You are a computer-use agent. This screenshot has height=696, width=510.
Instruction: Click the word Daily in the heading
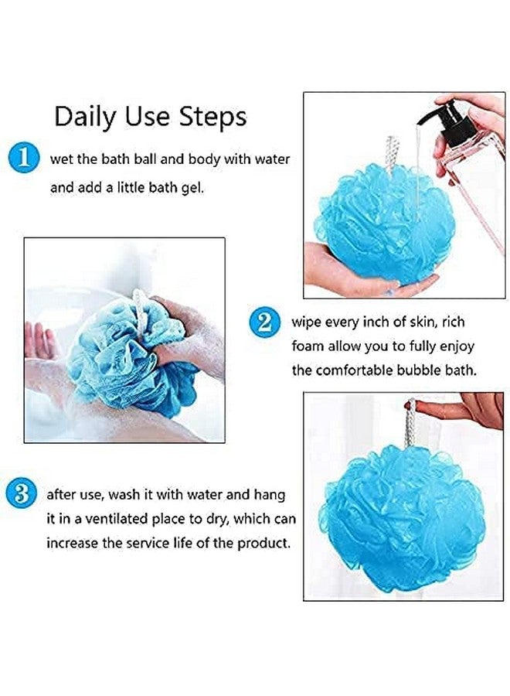coord(83,116)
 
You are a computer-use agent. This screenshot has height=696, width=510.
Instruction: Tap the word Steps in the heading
coord(212,116)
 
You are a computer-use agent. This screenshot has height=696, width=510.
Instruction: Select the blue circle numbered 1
coord(25,158)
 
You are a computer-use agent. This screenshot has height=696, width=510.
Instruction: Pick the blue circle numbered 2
coord(264,322)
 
